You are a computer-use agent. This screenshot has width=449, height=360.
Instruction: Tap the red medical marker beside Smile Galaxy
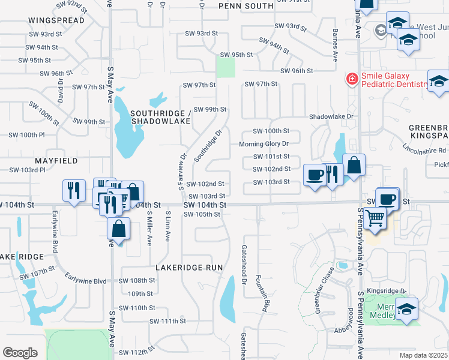tap(351, 78)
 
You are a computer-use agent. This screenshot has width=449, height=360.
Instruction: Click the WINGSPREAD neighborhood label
tap(56, 20)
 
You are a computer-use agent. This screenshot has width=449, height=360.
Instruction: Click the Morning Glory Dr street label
tap(264, 144)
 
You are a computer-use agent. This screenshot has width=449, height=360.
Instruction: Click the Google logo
tap(20, 353)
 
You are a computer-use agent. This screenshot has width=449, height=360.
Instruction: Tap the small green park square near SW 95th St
tap(226, 67)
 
